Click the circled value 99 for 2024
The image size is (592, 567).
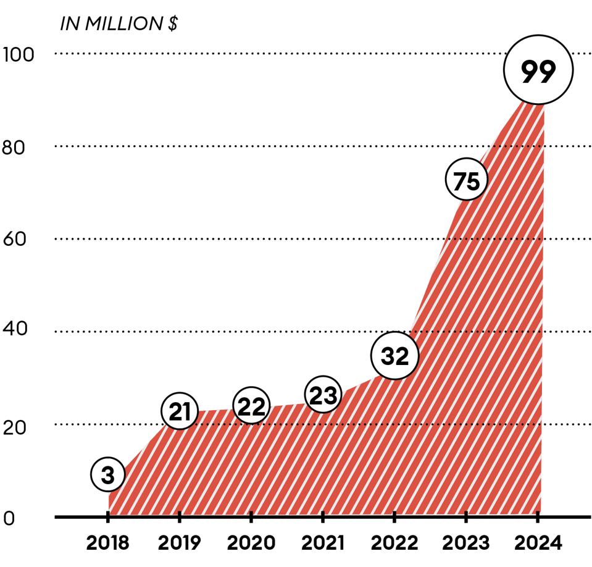pyautogui.click(x=538, y=70)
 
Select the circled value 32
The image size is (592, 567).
pyautogui.click(x=394, y=356)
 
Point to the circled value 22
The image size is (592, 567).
pyautogui.click(x=251, y=406)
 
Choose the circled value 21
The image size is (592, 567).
pyautogui.click(x=179, y=412)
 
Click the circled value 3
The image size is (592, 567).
pyautogui.click(x=108, y=475)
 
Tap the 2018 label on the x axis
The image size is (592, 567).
pyautogui.click(x=108, y=544)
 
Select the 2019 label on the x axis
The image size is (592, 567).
pyautogui.click(x=180, y=544)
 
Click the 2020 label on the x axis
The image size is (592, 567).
pyautogui.click(x=251, y=544)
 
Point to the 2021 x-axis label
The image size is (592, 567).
pyautogui.click(x=323, y=544)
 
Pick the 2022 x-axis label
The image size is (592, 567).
pyautogui.click(x=394, y=544)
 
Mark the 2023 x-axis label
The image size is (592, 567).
pyautogui.click(x=466, y=544)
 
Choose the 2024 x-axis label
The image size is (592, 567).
pyautogui.click(x=538, y=544)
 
